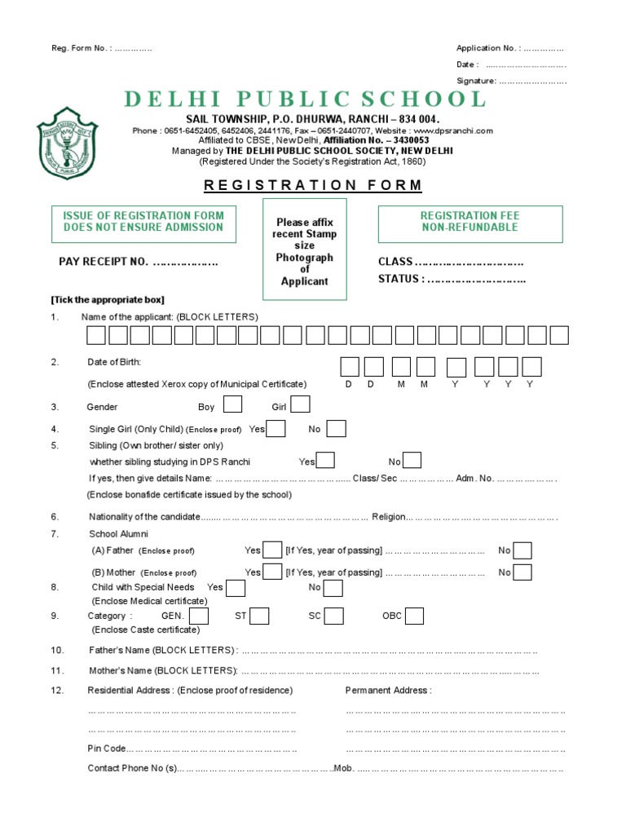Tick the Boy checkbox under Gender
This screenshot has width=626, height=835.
[x=232, y=405]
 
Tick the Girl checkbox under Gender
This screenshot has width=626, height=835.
[x=300, y=405]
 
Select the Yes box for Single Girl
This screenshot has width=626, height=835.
[x=276, y=429]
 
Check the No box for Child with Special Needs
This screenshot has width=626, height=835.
[x=333, y=588]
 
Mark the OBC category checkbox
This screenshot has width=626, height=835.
[x=414, y=616]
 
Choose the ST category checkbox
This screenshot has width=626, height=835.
[x=259, y=616]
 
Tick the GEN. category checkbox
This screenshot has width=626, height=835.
[x=199, y=616]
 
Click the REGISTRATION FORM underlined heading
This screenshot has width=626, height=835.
[x=313, y=185]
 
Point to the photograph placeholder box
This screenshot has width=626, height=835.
[x=305, y=248]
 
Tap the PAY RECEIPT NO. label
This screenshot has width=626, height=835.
[x=104, y=263]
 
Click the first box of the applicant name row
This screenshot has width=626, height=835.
[x=96, y=335]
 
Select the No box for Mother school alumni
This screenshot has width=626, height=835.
[x=523, y=572]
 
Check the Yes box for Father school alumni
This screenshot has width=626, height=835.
[x=273, y=550]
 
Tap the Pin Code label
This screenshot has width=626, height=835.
[x=107, y=749]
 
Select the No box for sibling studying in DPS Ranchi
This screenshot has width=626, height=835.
[x=412, y=461]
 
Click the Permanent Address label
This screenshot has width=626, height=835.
[x=388, y=691]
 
